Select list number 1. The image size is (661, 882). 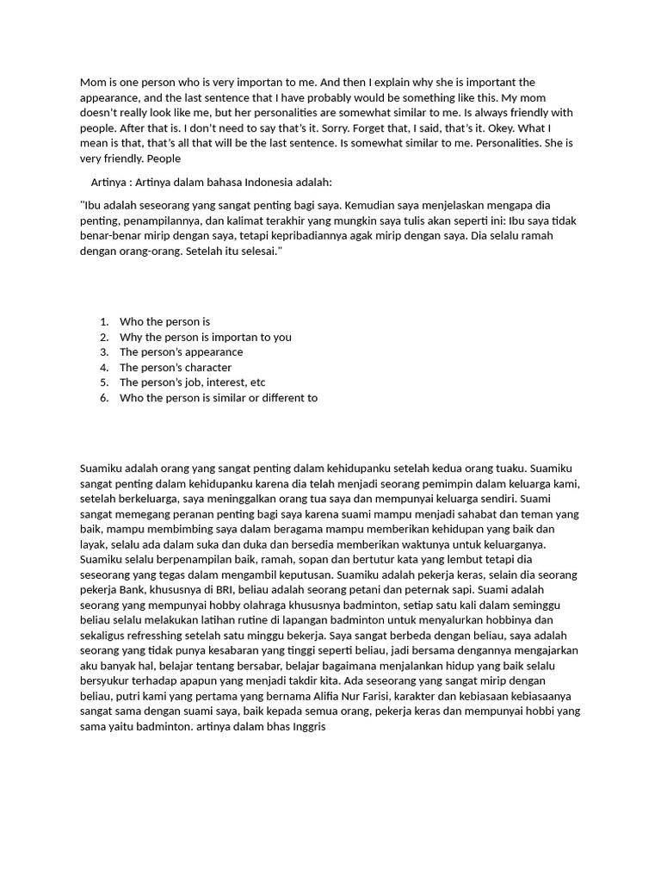pos(103,321)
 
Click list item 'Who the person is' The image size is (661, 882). pos(164,321)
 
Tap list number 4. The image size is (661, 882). pos(103,368)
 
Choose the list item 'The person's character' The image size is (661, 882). pos(176,368)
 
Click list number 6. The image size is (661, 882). pos(103,398)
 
